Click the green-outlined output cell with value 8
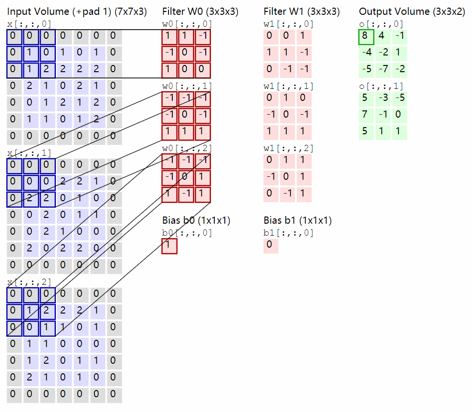(x=366, y=37)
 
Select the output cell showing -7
(x=383, y=69)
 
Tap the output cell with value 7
(x=366, y=115)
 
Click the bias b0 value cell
(x=169, y=246)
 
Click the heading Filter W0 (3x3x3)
(x=200, y=11)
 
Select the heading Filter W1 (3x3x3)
(x=302, y=11)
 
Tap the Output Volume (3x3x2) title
(x=411, y=11)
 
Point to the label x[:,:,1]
(x=29, y=153)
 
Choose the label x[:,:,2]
(x=29, y=282)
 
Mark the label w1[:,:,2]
(x=288, y=149)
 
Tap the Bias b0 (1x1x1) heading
(x=196, y=220)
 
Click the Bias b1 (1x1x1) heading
(x=297, y=220)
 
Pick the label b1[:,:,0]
(x=288, y=233)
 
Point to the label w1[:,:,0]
(x=288, y=24)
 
